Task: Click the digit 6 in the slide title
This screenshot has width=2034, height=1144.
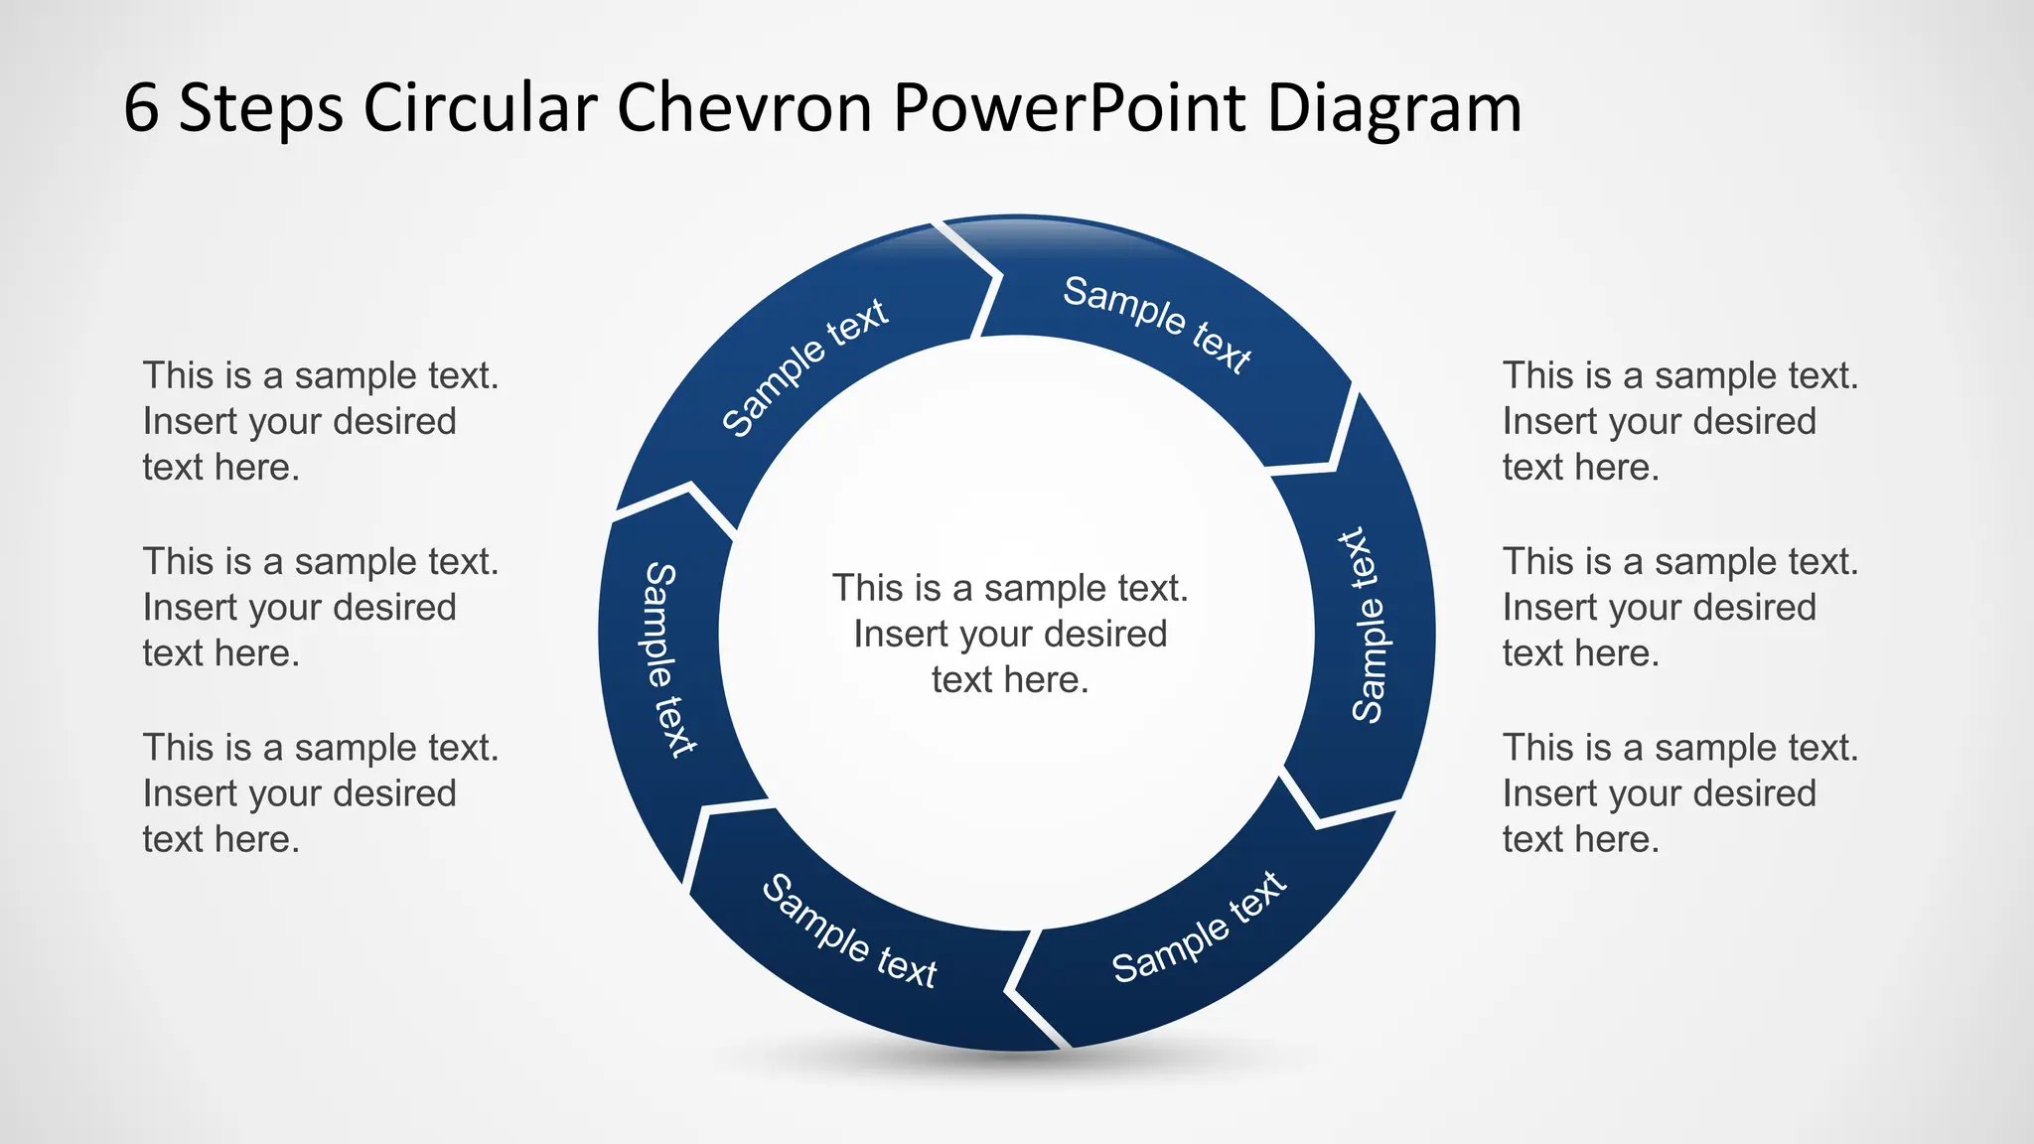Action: pyautogui.click(x=141, y=107)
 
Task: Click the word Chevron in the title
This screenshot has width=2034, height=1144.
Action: pyautogui.click(x=744, y=107)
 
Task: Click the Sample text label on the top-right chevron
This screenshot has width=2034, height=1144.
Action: pyautogui.click(x=1157, y=324)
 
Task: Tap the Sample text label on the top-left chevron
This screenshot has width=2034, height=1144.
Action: pyautogui.click(x=803, y=366)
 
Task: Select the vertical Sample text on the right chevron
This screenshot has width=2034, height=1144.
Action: pyautogui.click(x=1368, y=626)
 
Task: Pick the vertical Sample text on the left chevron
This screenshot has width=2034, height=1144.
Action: pyautogui.click(x=667, y=659)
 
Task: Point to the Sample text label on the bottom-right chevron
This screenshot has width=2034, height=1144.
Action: pyautogui.click(x=1199, y=928)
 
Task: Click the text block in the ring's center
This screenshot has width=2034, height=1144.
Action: pyautogui.click(x=1010, y=634)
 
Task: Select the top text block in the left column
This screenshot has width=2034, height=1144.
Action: pyautogui.click(x=320, y=421)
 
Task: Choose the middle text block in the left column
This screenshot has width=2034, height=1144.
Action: pyautogui.click(x=320, y=607)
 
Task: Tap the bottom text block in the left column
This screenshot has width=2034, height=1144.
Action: pyautogui.click(x=320, y=792)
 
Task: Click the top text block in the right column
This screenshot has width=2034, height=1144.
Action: pyautogui.click(x=1679, y=421)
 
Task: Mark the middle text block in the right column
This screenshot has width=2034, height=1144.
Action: pyautogui.click(x=1679, y=607)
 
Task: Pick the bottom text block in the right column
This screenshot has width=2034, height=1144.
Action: pyautogui.click(x=1679, y=792)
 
